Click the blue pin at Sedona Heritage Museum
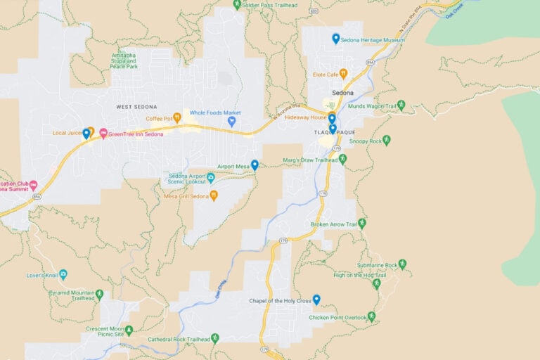(336, 39)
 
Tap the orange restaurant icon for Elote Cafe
(343, 73)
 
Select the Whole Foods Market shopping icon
(231, 122)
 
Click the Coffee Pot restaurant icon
(177, 117)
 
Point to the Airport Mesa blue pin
(255, 165)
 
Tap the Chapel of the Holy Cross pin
(316, 300)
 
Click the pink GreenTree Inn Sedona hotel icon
(103, 134)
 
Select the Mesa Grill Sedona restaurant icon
(214, 195)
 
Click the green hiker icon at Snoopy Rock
(386, 141)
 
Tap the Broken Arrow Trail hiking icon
(361, 224)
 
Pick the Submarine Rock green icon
(402, 264)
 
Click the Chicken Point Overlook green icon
(371, 316)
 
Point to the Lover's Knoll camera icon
(63, 274)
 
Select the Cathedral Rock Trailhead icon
(215, 338)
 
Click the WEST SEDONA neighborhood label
(136, 106)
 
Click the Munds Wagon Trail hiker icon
(401, 105)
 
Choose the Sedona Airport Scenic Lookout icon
(210, 177)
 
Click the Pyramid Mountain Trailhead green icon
(99, 294)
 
